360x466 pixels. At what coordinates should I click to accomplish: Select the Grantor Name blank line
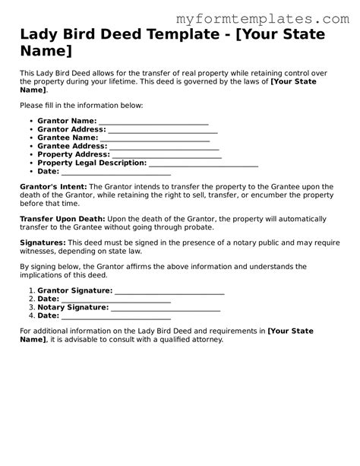point(153,122)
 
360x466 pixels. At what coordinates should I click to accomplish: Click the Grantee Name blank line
point(156,139)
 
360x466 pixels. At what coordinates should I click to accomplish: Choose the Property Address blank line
point(167,156)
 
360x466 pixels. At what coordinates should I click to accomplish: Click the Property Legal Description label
point(92,163)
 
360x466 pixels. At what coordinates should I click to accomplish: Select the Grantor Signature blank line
point(169,292)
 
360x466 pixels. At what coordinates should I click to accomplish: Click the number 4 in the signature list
point(32,315)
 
